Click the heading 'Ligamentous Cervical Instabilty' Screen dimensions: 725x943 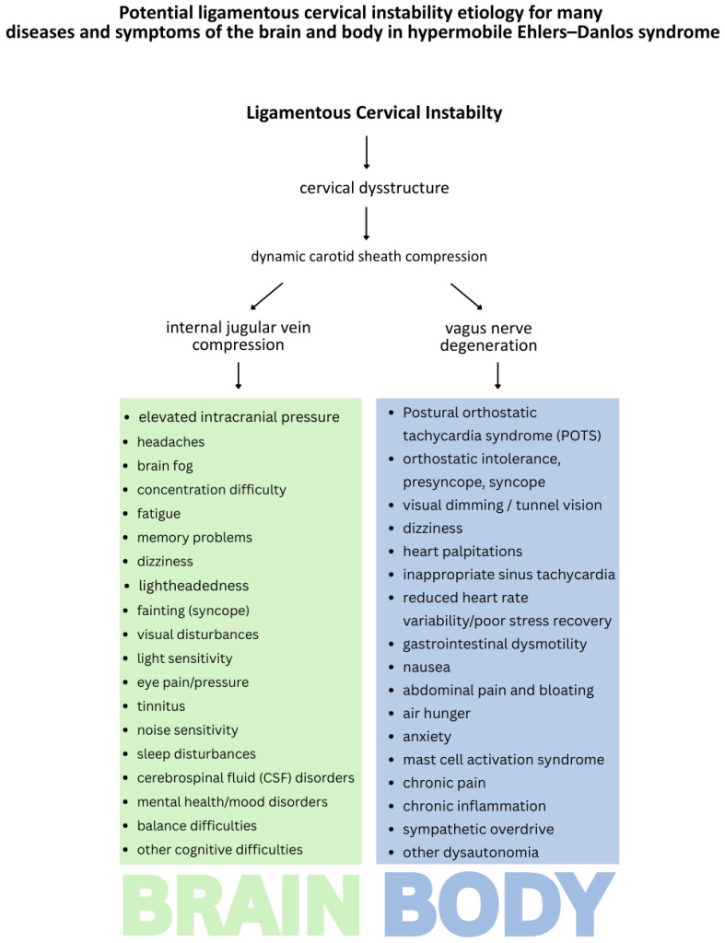(374, 113)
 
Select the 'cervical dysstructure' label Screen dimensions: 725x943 (374, 188)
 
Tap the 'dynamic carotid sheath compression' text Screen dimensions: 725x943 (368, 257)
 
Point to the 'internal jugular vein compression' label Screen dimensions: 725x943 (239, 336)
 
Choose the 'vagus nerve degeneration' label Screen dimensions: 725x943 (488, 337)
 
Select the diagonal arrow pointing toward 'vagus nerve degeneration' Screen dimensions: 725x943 (466, 297)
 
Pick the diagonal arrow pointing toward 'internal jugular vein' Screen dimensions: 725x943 (266, 297)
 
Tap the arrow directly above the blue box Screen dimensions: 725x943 (497, 376)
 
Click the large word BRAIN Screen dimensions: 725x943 (240, 905)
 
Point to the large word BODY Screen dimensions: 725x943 (498, 905)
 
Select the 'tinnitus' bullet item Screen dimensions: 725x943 (161, 706)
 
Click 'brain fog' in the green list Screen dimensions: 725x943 (165, 466)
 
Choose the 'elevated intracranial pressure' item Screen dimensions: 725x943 (239, 417)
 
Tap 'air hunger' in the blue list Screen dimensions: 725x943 (437, 714)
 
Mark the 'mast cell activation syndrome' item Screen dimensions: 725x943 (504, 760)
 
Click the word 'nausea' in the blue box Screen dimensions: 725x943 (427, 668)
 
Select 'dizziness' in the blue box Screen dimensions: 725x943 (433, 529)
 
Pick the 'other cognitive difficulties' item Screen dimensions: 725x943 (219, 850)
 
